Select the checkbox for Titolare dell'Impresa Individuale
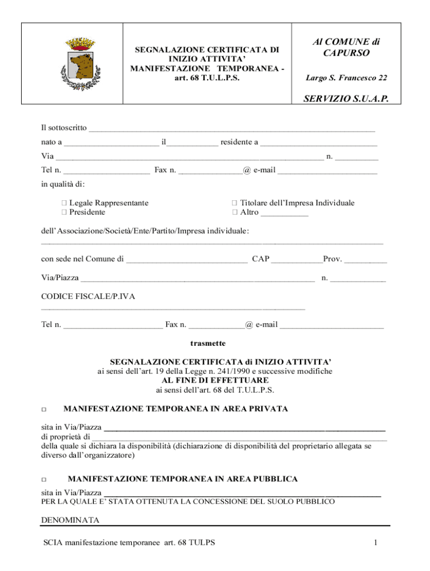tap(235, 204)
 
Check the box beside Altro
tap(235, 212)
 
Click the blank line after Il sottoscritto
tap(232, 129)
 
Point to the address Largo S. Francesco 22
tap(346, 78)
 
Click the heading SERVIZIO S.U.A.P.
tap(345, 99)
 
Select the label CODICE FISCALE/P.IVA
tap(88, 297)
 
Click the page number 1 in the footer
tap(376, 543)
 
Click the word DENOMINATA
tap(70, 520)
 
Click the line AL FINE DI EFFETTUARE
tap(215, 380)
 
